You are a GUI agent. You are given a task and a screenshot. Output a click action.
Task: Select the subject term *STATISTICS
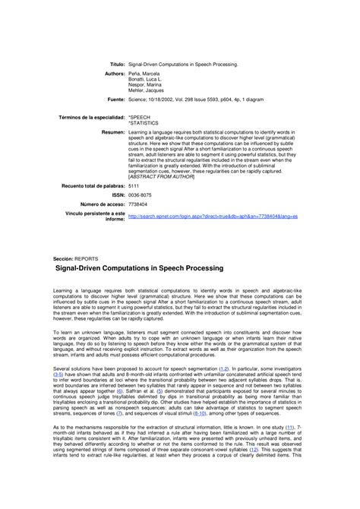pyautogui.click(x=144, y=123)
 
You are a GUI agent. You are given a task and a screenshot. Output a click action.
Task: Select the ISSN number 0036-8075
pyautogui.click(x=140, y=195)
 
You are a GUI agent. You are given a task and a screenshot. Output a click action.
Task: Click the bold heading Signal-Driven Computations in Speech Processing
pyautogui.click(x=140, y=269)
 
